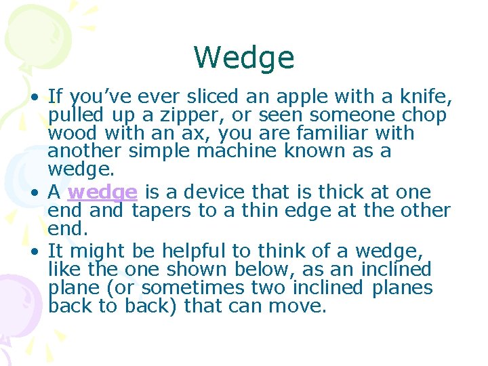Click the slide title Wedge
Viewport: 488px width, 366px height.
244,58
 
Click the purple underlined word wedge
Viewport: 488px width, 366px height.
102,192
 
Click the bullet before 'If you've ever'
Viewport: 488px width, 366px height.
34,98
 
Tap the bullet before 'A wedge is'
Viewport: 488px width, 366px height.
34,193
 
